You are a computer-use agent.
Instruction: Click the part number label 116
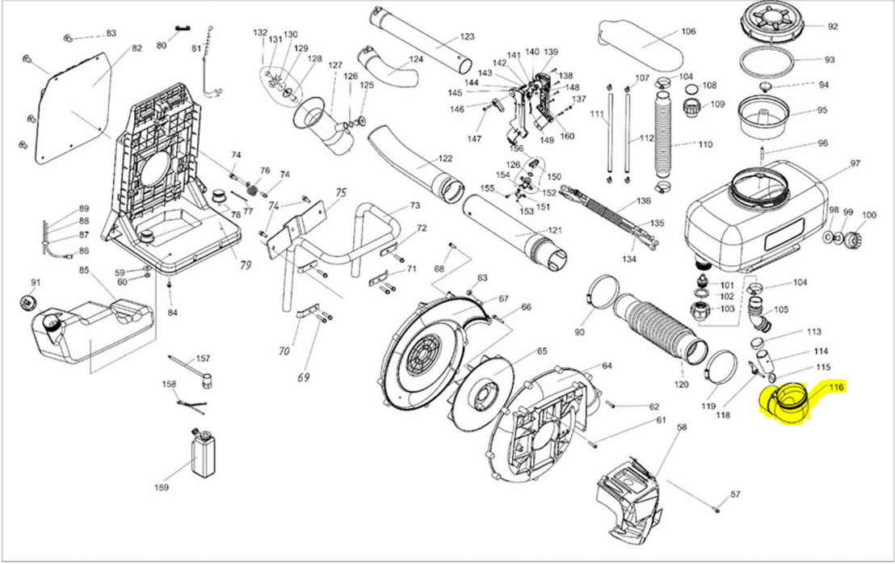click(x=835, y=389)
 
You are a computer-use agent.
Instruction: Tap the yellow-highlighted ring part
click(x=788, y=401)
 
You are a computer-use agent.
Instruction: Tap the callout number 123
click(x=467, y=37)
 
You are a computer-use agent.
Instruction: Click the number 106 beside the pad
click(x=687, y=32)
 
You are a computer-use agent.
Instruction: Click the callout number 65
click(x=541, y=351)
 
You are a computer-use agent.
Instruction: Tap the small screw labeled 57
click(x=716, y=508)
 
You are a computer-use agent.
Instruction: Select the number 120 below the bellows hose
click(x=681, y=385)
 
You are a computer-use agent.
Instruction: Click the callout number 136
click(x=643, y=200)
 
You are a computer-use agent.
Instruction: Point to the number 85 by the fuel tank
click(x=83, y=271)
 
